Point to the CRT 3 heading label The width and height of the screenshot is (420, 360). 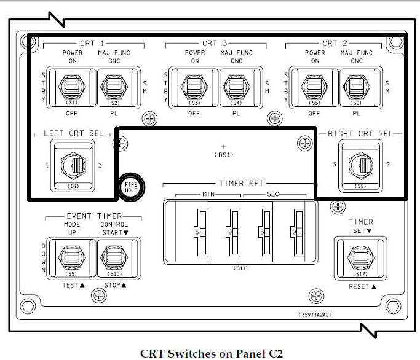tap(210, 43)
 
